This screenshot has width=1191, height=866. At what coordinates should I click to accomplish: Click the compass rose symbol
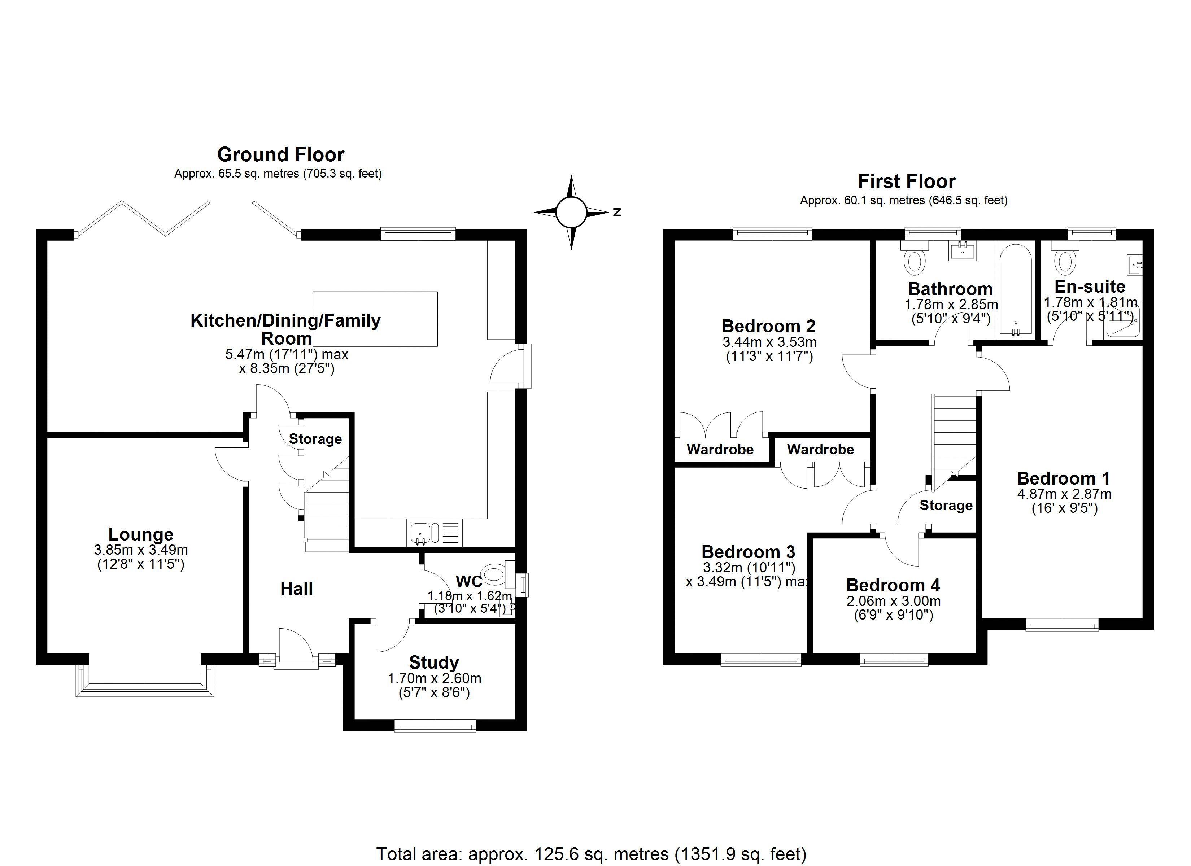click(x=571, y=212)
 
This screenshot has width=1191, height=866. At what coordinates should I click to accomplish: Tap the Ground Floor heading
click(x=280, y=154)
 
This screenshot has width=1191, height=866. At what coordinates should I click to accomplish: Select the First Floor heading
click(x=906, y=181)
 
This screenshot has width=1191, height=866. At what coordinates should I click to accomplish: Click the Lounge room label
click(x=141, y=534)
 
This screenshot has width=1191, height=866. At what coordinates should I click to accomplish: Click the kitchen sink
click(x=420, y=533)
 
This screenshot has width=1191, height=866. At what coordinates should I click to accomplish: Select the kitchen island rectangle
click(x=375, y=319)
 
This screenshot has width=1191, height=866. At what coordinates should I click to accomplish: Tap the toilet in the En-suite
click(x=1065, y=259)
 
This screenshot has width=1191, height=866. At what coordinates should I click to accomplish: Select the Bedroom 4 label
click(x=893, y=585)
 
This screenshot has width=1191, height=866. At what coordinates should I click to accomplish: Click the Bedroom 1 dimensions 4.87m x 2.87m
click(x=1064, y=494)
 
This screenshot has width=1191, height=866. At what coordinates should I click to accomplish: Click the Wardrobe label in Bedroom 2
click(x=720, y=450)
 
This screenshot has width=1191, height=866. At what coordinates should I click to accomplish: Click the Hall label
click(x=296, y=589)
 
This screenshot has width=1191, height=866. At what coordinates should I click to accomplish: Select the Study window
click(x=435, y=727)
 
